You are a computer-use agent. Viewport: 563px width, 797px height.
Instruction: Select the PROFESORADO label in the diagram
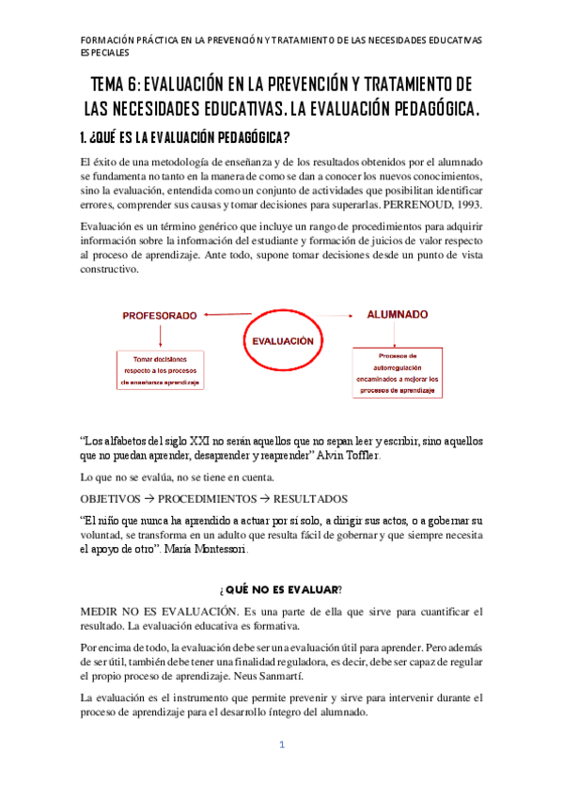click(x=159, y=316)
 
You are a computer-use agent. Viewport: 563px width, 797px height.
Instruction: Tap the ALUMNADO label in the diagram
click(x=398, y=314)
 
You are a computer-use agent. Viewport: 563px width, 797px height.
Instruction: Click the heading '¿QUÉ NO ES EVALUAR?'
click(x=280, y=588)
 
